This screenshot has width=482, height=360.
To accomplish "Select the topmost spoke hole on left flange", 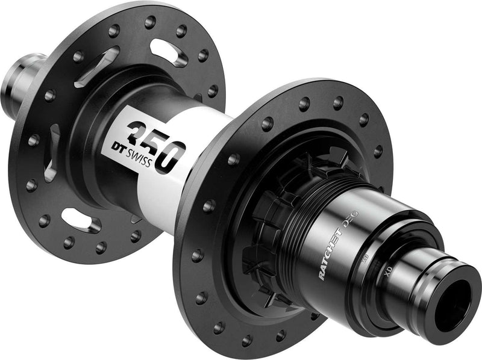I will tap(150, 23).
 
